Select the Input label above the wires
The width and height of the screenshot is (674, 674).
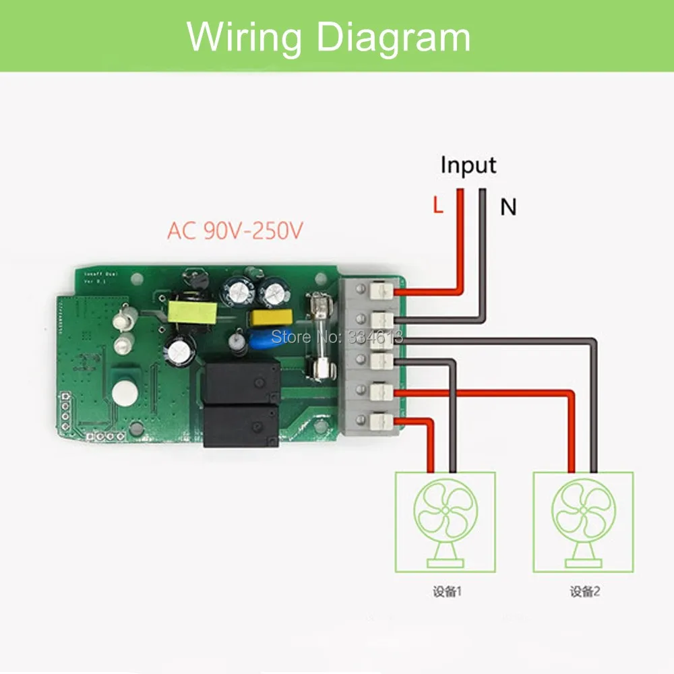click(x=468, y=165)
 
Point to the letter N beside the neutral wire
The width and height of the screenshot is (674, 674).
click(x=508, y=208)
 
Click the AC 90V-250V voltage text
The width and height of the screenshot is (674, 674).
click(x=235, y=231)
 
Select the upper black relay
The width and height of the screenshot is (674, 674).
click(x=241, y=382)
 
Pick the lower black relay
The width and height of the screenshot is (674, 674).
click(x=241, y=425)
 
